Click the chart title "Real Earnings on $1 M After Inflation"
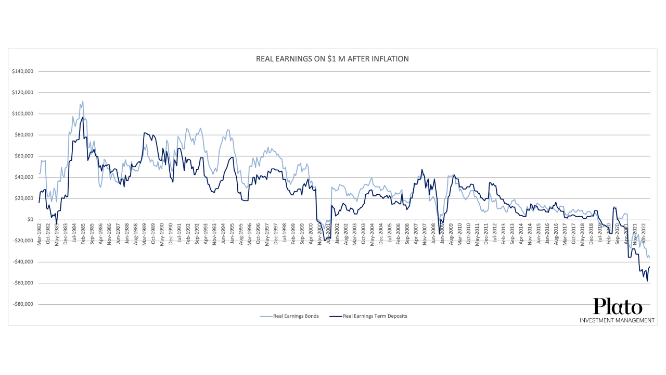(x=332, y=59)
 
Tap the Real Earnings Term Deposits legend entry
(x=375, y=316)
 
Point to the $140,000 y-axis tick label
(x=22, y=71)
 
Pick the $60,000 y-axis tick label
(x=23, y=156)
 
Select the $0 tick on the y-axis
(x=30, y=219)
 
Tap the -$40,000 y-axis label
(x=23, y=262)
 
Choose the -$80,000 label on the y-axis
(x=23, y=304)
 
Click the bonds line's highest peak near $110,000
(x=83, y=102)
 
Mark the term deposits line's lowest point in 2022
(x=647, y=281)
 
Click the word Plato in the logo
(x=618, y=306)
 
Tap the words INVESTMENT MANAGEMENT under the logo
(x=617, y=320)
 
